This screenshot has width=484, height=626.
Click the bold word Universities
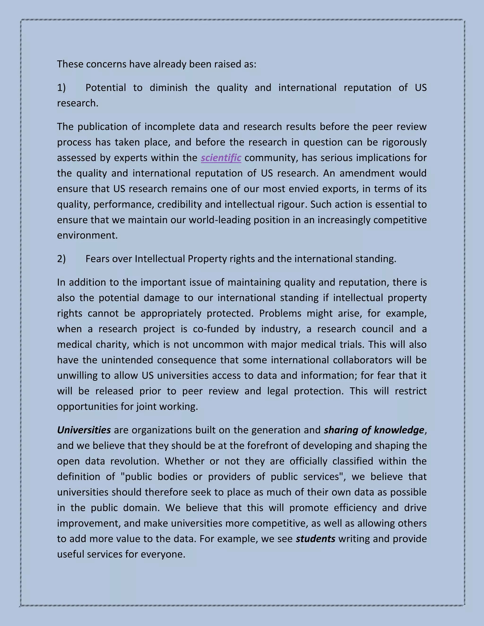[84, 430]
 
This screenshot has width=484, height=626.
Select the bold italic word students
[315, 539]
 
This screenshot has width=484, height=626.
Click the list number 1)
[61, 88]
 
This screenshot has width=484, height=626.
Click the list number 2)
[61, 259]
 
